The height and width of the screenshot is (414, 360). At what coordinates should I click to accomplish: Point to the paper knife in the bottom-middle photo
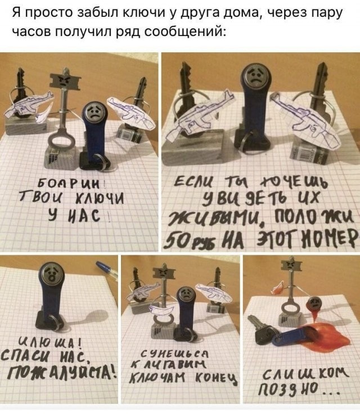[x=162, y=310]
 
